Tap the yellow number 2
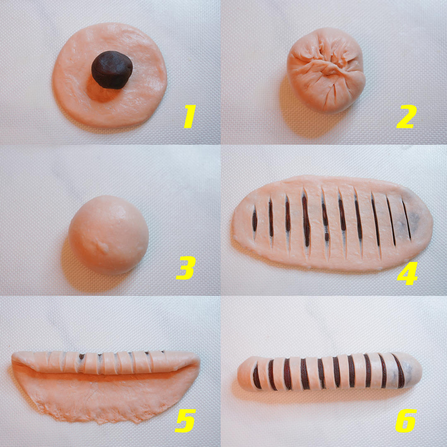[x=406, y=116]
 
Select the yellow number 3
[x=185, y=267]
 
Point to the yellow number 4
[x=407, y=273]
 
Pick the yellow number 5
[x=185, y=420]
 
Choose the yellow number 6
[x=406, y=420]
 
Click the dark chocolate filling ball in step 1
[x=112, y=70]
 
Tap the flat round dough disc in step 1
[x=109, y=75]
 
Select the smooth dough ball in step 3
[x=108, y=235]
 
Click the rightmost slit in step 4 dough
[x=407, y=219]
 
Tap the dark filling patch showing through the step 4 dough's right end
[x=414, y=219]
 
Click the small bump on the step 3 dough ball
[x=102, y=245]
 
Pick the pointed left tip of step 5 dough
[x=13, y=358]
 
